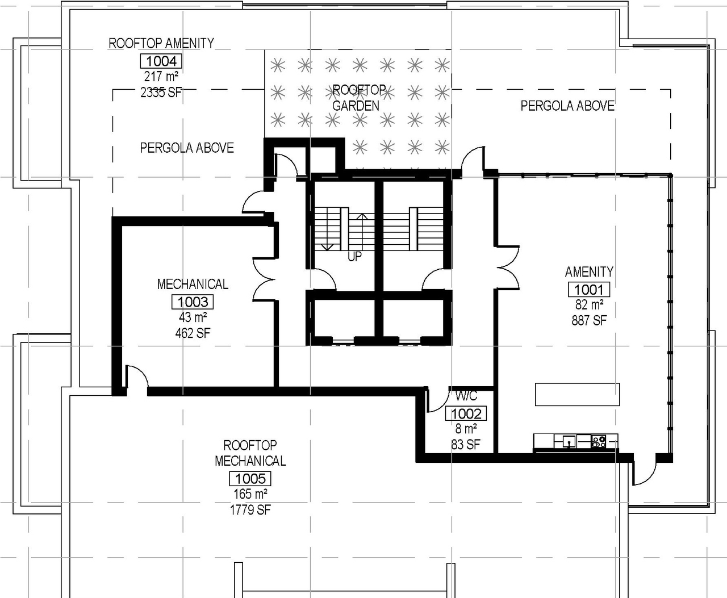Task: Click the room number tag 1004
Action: coord(162,61)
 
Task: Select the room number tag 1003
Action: coord(193,302)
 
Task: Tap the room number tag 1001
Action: coord(589,290)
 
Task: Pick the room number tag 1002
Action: coord(466,414)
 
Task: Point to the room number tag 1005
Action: coord(250,479)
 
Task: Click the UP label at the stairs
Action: coord(354,257)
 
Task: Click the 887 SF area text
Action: coord(589,321)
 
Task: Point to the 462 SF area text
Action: coord(193,333)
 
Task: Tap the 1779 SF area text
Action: coord(250,510)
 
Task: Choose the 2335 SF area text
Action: coord(161,92)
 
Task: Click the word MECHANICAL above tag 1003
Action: coord(193,284)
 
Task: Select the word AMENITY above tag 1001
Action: coord(589,271)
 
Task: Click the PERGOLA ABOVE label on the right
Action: coord(567,106)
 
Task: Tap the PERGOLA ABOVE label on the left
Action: coord(187,148)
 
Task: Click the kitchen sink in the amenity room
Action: coord(568,441)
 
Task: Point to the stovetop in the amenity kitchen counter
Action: coord(598,441)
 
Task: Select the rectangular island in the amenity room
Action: coord(577,394)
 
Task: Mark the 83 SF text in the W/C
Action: coord(466,445)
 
